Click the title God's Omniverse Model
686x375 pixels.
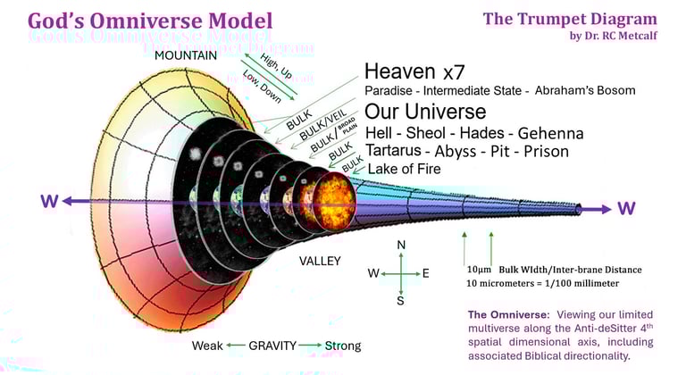coord(150,21)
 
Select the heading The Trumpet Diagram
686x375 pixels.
coord(570,18)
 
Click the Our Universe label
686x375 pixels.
coord(425,112)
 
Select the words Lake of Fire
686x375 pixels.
coord(404,168)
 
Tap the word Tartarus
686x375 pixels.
coord(395,149)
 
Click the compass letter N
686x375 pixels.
coord(401,245)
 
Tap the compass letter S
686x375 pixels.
coord(401,301)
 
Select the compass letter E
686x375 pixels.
coord(426,273)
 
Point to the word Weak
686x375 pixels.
coord(207,345)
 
